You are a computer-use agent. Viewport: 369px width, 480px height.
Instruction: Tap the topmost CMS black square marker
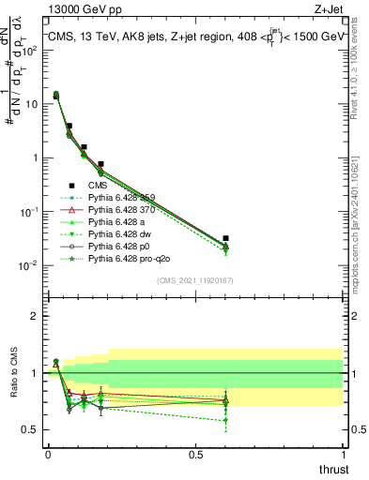[55, 96]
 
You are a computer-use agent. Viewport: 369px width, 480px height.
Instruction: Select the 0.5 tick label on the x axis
[195, 454]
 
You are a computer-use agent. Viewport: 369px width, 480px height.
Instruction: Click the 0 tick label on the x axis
[48, 454]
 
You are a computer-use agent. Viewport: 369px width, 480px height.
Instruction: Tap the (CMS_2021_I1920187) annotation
[195, 280]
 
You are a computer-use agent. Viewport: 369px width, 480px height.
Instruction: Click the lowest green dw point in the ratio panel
[225, 420]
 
